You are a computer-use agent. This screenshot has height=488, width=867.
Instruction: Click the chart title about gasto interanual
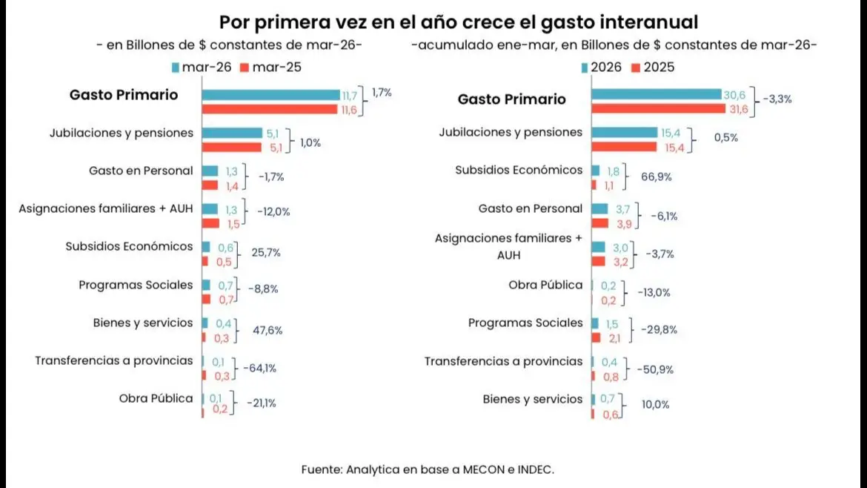coord(459,21)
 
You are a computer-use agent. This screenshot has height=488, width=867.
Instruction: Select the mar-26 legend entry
coord(202,67)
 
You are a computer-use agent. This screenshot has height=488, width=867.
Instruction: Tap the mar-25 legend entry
coord(270,67)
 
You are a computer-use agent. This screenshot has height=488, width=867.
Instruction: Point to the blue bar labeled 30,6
coord(656,94)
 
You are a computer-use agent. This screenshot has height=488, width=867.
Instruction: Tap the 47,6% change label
coord(268,330)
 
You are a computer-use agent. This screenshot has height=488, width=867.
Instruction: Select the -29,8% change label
coord(657,330)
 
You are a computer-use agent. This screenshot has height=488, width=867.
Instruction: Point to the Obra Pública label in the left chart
coord(156,398)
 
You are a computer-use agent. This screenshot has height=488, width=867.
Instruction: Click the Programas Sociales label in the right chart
coord(525,323)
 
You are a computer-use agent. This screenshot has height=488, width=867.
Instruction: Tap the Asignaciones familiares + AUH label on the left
coord(106,208)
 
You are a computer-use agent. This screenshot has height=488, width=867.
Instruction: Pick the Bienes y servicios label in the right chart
coord(533,399)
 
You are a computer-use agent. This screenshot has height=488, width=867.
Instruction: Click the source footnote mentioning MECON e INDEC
coord(428,469)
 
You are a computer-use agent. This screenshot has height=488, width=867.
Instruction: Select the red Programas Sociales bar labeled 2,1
coord(596,337)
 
